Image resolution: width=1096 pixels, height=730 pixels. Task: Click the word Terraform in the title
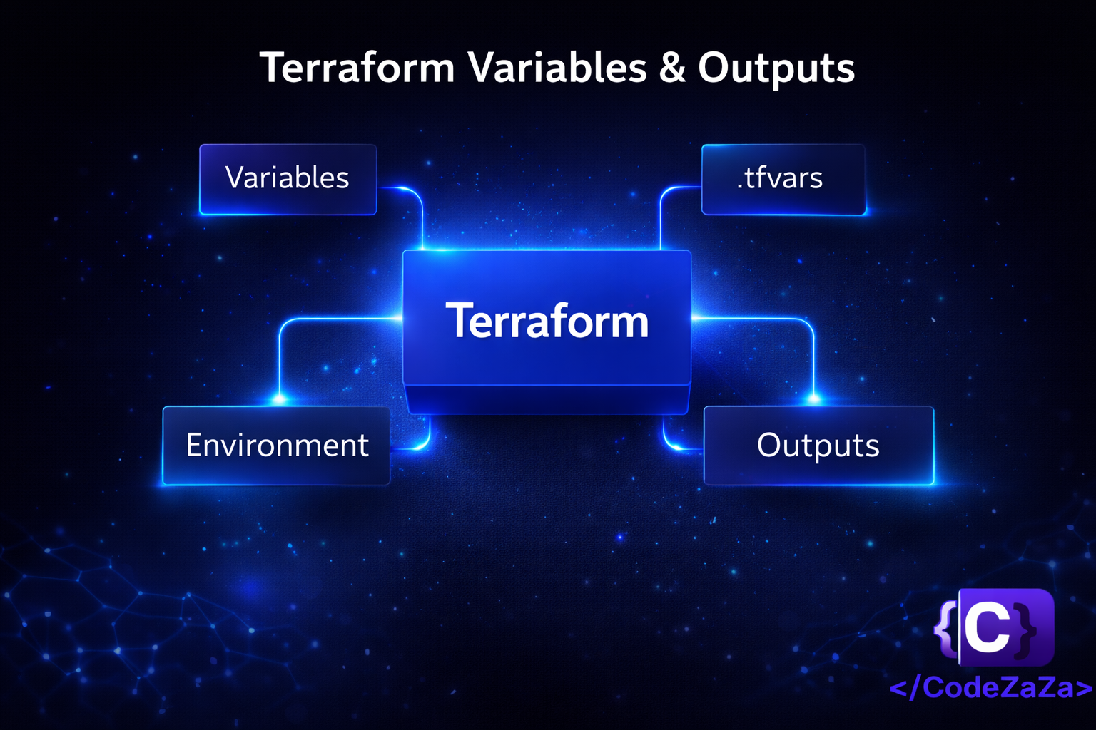[357, 68]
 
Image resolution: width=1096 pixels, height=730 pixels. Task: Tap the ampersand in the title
[672, 68]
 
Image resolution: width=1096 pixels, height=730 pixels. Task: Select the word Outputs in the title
[776, 69]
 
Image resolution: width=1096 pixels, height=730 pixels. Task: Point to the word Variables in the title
[558, 68]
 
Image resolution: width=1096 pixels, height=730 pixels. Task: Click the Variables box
[288, 180]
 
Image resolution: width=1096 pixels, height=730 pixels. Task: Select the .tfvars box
[783, 180]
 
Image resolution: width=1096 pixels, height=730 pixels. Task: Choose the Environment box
[276, 446]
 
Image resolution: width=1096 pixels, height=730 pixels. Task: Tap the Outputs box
[818, 446]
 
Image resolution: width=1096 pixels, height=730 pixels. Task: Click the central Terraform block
[547, 331]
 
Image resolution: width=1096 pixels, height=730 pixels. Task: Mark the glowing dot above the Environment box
[280, 399]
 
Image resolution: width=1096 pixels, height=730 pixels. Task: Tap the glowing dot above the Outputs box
[813, 399]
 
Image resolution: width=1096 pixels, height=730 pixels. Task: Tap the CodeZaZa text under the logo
[991, 687]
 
